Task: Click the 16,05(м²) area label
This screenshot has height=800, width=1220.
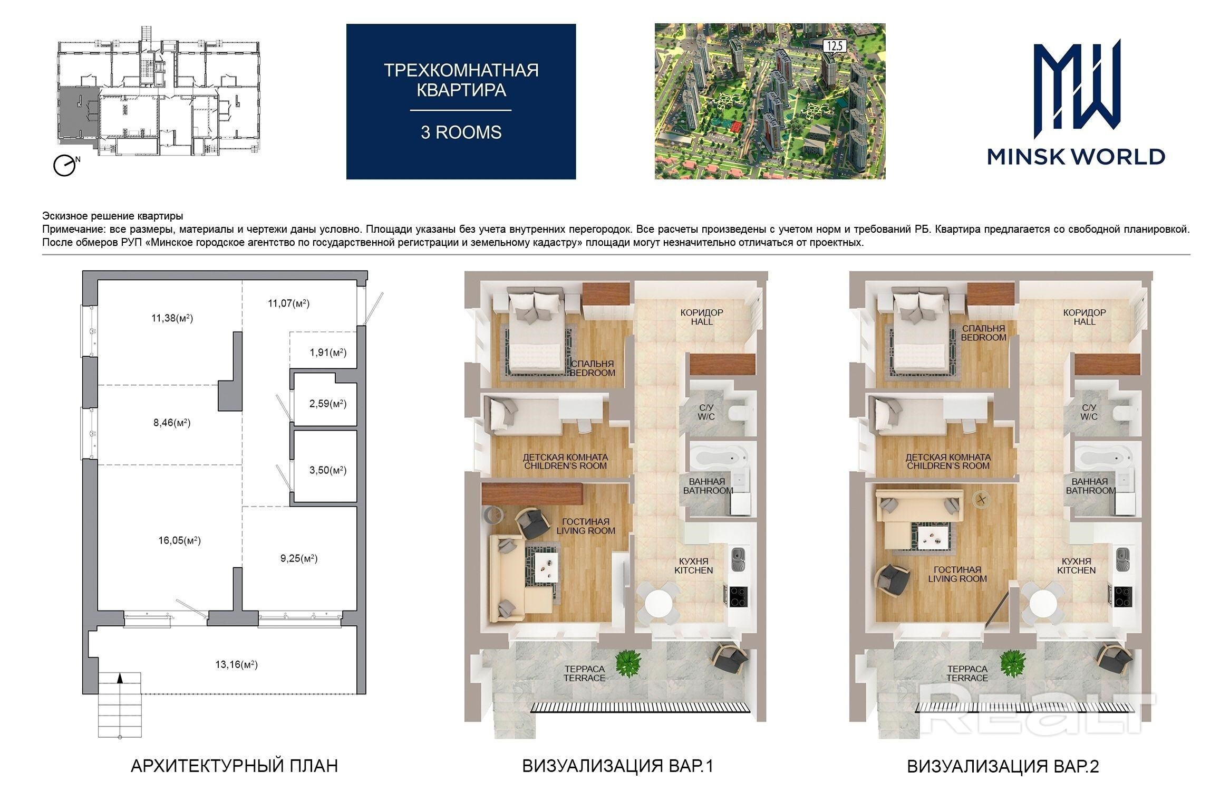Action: (x=179, y=540)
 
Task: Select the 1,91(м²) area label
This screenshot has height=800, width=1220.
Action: (x=328, y=353)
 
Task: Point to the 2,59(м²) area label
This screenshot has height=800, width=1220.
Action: (x=328, y=404)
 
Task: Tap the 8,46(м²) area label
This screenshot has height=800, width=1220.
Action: (x=171, y=423)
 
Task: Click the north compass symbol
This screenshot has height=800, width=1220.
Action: (x=65, y=165)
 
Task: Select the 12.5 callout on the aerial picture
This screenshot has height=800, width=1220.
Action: (x=835, y=46)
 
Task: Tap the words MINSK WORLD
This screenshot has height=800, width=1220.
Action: (x=1076, y=157)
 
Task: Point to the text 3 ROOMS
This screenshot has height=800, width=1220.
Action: (x=461, y=132)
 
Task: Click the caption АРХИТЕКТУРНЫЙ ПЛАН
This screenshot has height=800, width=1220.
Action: (x=234, y=766)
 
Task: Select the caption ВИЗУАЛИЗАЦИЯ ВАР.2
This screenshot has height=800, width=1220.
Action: (x=1003, y=766)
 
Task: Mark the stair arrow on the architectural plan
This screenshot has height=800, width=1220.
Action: (x=120, y=679)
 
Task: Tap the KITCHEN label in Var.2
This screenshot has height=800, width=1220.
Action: (x=1076, y=570)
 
